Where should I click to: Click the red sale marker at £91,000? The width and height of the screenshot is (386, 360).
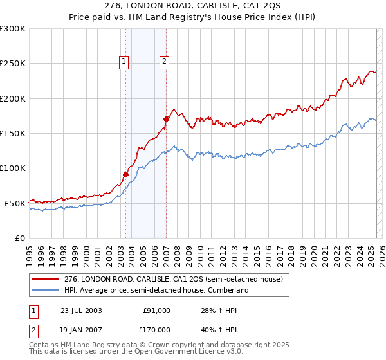(126, 174)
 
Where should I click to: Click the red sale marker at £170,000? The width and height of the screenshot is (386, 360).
(166, 119)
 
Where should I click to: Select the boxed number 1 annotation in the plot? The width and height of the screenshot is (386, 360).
(123, 62)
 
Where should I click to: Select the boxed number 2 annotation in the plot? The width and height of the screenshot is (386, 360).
(164, 62)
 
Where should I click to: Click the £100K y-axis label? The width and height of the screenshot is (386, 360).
(13, 168)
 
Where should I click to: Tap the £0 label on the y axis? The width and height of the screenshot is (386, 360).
(20, 238)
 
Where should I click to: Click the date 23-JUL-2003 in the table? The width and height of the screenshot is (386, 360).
(81, 310)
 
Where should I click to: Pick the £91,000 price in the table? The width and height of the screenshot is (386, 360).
(156, 310)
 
